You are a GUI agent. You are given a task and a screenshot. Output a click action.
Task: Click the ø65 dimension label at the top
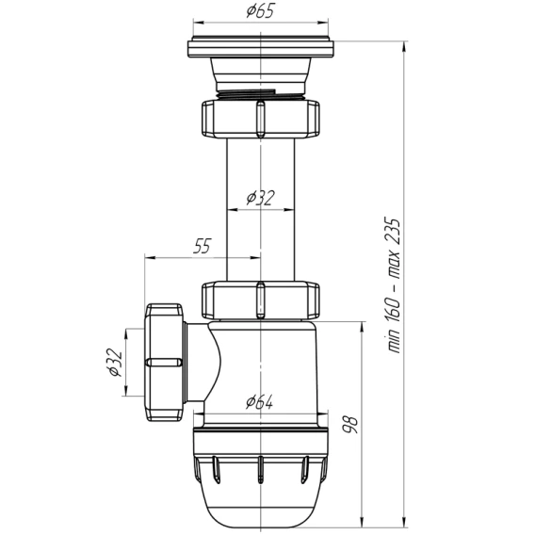click(260, 11)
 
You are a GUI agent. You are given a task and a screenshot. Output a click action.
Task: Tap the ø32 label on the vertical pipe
click(260, 198)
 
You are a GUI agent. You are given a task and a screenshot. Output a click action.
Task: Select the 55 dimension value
click(202, 246)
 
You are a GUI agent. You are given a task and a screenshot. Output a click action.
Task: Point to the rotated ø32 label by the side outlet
click(114, 363)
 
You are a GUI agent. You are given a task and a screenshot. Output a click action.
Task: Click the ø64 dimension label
click(260, 401)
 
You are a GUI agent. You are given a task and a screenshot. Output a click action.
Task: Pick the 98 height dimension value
click(350, 424)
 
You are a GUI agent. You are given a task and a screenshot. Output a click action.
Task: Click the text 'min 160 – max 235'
click(393, 284)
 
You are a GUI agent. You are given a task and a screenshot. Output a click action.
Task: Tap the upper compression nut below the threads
click(261, 119)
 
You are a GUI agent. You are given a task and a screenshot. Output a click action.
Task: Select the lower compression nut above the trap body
click(261, 300)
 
